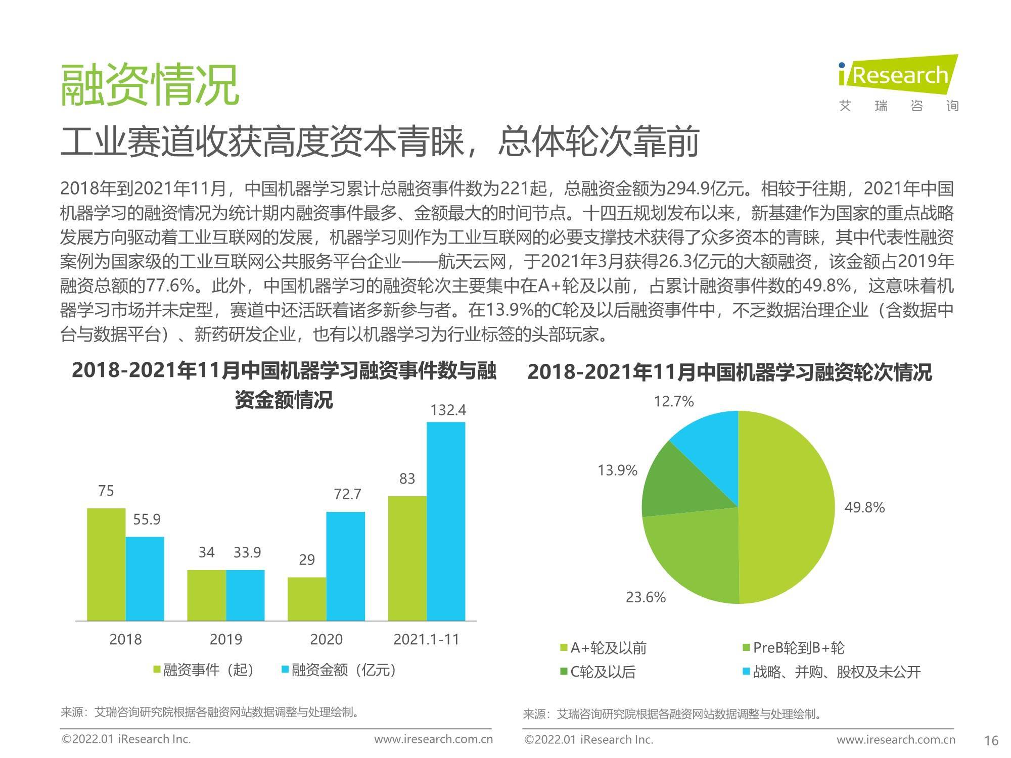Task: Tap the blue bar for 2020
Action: [x=345, y=566]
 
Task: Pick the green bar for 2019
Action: [x=206, y=595]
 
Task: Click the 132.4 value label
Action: [x=448, y=410]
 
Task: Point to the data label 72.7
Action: [x=347, y=494]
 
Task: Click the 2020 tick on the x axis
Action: [x=326, y=639]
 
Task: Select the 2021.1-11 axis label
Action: [x=426, y=639]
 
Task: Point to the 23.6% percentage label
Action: [x=646, y=597]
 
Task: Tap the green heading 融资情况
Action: [x=150, y=85]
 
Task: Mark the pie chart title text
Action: [x=729, y=373]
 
